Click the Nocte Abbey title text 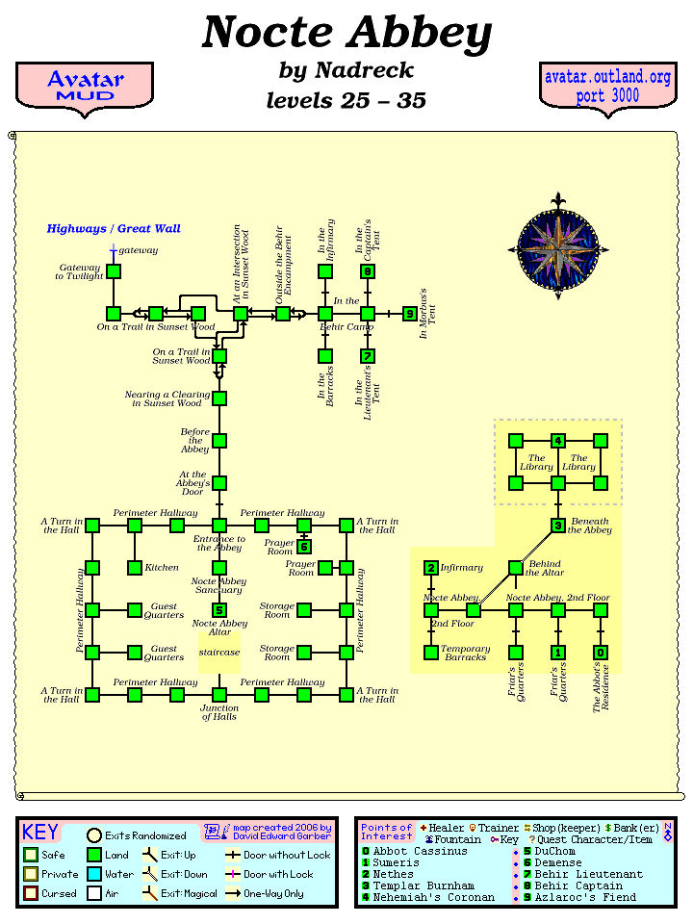pyautogui.click(x=346, y=34)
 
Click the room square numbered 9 pyautogui.click(x=410, y=314)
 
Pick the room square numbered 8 pyautogui.click(x=368, y=271)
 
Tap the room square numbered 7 pyautogui.click(x=368, y=356)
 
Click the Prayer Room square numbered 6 pyautogui.click(x=304, y=547)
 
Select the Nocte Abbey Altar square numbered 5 pyautogui.click(x=219, y=610)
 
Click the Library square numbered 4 pyautogui.click(x=558, y=441)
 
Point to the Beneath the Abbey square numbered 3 pyautogui.click(x=558, y=526)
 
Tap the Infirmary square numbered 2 pyautogui.click(x=431, y=568)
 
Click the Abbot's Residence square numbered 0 pyautogui.click(x=601, y=653)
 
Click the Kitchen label pyautogui.click(x=162, y=568)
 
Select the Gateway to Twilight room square pyautogui.click(x=114, y=271)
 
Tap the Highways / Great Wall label pyautogui.click(x=114, y=229)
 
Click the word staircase pyautogui.click(x=219, y=652)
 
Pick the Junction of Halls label pyautogui.click(x=219, y=712)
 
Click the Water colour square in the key pyautogui.click(x=94, y=874)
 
